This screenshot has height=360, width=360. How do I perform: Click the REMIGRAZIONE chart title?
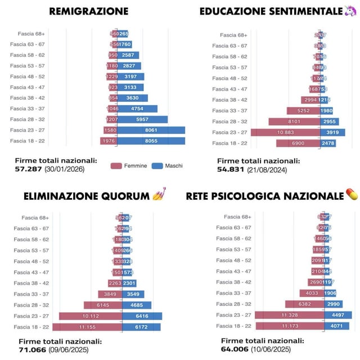click(x=88, y=11)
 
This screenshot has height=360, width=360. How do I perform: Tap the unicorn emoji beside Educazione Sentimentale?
click(x=350, y=11)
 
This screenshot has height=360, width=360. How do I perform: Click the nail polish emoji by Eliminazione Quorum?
click(x=160, y=196)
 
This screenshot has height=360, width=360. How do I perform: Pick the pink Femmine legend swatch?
click(x=116, y=166)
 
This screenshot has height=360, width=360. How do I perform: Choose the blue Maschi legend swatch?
click(x=157, y=166)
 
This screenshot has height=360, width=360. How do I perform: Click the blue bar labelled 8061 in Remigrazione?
click(x=151, y=130)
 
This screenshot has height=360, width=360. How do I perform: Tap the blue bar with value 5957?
click(x=142, y=120)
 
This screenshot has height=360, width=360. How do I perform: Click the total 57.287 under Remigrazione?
click(x=29, y=169)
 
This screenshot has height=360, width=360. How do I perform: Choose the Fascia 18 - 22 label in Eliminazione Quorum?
click(x=32, y=327)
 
